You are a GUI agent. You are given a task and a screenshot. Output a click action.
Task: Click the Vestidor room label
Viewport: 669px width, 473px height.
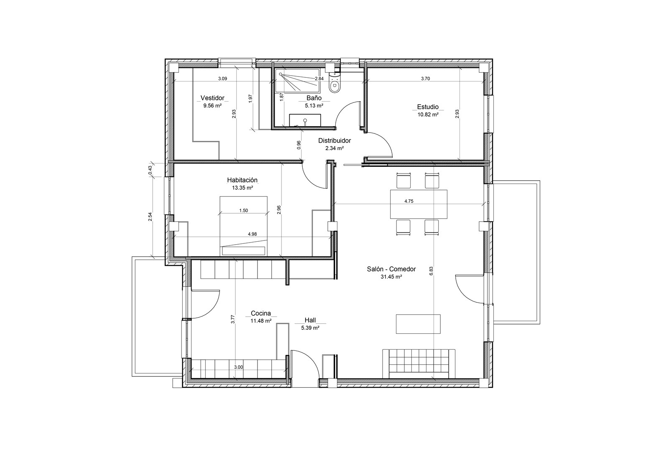click(212, 98)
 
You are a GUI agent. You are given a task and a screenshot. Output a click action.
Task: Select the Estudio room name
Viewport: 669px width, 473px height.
click(428, 107)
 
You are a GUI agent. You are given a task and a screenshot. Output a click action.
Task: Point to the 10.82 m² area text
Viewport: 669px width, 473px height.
click(428, 115)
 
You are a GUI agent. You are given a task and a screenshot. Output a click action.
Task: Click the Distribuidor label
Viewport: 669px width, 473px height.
click(334, 141)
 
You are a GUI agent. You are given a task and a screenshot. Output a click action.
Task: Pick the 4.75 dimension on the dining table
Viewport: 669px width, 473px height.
click(409, 202)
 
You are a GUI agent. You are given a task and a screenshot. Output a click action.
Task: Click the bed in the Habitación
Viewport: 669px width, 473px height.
click(243, 225)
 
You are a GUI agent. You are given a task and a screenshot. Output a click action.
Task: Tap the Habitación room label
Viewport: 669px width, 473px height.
click(242, 180)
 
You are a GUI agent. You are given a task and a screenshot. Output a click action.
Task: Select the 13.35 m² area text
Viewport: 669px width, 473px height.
click(243, 188)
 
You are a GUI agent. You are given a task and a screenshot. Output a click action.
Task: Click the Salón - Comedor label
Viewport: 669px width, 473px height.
click(391, 269)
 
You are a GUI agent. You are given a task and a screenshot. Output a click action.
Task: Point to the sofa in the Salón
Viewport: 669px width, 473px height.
click(419, 364)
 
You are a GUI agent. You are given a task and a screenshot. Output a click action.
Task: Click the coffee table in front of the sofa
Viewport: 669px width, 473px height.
click(418, 324)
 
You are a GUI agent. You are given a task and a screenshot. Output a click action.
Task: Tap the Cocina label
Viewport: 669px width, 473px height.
click(261, 313)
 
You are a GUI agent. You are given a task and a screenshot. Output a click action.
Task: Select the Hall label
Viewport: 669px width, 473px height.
click(310, 320)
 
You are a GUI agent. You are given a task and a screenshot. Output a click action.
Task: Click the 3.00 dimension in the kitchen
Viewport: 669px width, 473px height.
click(238, 368)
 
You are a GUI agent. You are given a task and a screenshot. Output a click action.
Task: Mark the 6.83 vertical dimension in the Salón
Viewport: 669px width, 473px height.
click(431, 271)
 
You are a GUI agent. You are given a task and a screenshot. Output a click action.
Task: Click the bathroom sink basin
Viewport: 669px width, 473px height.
click(305, 120)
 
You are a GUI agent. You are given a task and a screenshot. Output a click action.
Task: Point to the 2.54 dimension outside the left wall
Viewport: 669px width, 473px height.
click(150, 217)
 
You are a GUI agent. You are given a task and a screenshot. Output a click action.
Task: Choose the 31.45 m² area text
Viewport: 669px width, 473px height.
click(391, 277)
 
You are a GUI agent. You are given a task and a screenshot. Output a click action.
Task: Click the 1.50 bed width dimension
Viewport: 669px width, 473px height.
click(243, 211)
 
